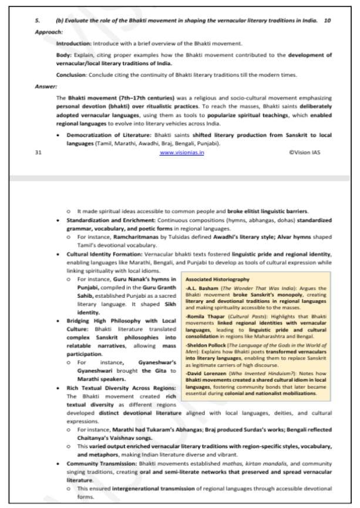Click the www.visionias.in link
(181, 152)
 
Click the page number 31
(38, 152)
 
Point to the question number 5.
(36, 21)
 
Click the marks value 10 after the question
(327, 21)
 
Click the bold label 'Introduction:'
(73, 43)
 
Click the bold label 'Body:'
(63, 55)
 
